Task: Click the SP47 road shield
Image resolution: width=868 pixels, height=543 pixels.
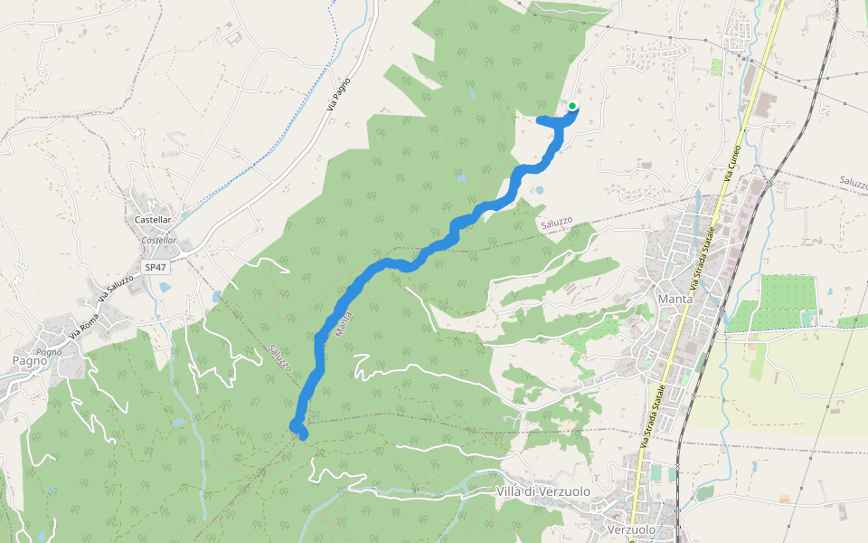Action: pyautogui.click(x=155, y=267)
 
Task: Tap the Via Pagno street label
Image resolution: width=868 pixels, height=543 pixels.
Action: pyautogui.click(x=339, y=94)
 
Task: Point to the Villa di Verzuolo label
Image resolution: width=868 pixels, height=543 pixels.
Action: pyautogui.click(x=542, y=491)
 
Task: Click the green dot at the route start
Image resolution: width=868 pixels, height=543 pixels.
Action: pyautogui.click(x=572, y=106)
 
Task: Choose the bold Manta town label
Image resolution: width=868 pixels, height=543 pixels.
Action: pyautogui.click(x=675, y=299)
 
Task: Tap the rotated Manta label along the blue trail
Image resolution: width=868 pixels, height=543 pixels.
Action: pyautogui.click(x=343, y=324)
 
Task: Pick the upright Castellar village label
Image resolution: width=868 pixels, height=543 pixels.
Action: pyautogui.click(x=153, y=220)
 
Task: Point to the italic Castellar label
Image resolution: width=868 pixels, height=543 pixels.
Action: pyautogui.click(x=158, y=241)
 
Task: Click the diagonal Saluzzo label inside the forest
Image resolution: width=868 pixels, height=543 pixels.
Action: pyautogui.click(x=280, y=359)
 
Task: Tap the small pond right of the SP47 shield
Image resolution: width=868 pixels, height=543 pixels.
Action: pyautogui.click(x=165, y=287)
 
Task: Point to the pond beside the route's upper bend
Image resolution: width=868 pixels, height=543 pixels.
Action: pyautogui.click(x=539, y=190)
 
